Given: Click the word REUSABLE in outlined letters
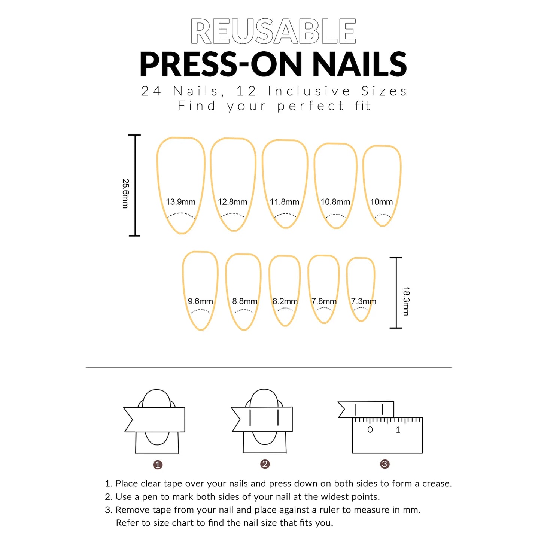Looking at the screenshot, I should coord(273,31).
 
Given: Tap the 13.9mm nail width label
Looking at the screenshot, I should coord(180,202).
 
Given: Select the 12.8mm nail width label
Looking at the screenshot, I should coord(232,202).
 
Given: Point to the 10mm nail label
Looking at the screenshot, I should coord(381,202).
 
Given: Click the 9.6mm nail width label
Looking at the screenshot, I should coord(200,301).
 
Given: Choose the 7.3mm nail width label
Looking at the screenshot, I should coord(363,301).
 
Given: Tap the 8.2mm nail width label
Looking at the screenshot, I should coord(285,301).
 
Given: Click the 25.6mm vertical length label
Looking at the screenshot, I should coord(125,193).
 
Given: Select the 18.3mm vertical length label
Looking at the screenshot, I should coord(406,301).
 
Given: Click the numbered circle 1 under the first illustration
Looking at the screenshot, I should coord(158,465).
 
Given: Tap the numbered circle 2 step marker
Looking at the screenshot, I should coord(265,464).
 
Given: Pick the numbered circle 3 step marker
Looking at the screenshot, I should coord(385,464).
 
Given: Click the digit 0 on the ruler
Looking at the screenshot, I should coord(370,430).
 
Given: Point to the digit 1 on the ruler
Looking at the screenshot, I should coord(398,430).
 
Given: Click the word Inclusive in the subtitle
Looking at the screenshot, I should coord(309,91).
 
